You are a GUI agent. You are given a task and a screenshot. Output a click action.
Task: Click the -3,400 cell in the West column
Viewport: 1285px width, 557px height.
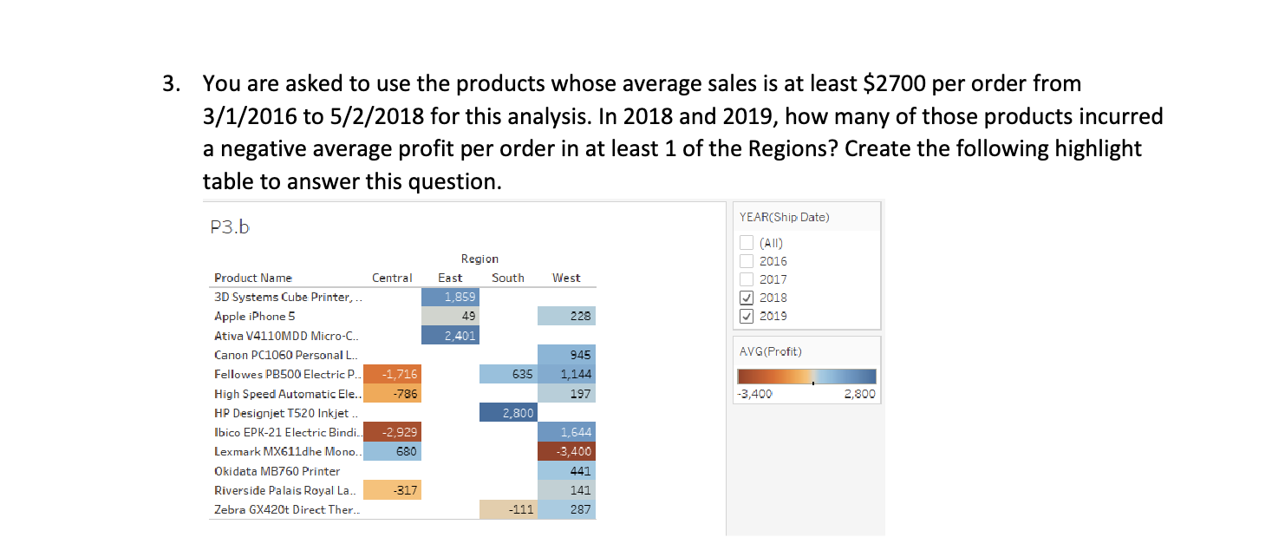click(566, 451)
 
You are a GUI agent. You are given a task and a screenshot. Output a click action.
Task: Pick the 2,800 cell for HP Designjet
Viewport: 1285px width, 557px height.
click(507, 413)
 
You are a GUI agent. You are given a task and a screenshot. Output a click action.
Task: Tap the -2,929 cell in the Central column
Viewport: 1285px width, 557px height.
click(392, 432)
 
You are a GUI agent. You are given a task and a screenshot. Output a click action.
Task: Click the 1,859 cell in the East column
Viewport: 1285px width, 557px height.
click(449, 297)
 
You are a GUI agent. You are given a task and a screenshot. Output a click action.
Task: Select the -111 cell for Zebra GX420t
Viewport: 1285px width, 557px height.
click(507, 509)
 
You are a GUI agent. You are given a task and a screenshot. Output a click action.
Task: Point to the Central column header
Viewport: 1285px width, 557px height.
click(392, 278)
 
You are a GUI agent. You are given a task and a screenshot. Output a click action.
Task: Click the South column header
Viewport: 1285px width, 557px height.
click(507, 278)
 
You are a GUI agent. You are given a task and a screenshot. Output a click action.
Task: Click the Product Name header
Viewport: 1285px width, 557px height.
click(253, 278)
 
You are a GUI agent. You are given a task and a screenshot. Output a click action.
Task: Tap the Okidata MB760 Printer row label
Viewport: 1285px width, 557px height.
click(277, 471)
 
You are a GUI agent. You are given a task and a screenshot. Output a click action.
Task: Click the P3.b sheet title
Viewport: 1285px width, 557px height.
click(230, 227)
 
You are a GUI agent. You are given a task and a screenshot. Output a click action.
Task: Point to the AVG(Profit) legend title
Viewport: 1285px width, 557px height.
click(772, 351)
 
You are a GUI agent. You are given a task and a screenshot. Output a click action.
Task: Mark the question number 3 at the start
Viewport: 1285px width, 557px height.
click(168, 84)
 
